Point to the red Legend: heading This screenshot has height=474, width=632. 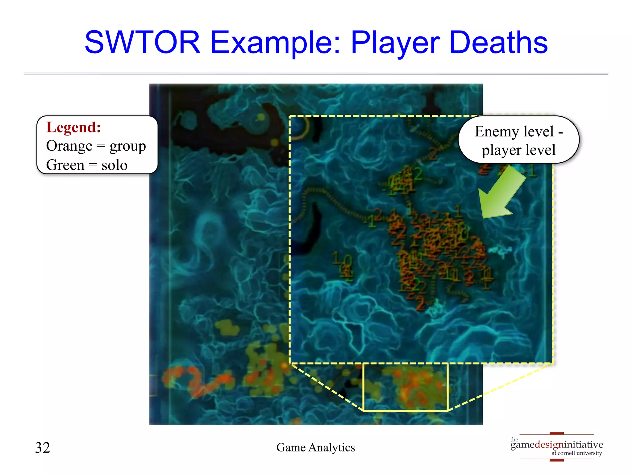pyautogui.click(x=73, y=127)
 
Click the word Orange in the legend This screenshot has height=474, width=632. pyautogui.click(x=69, y=146)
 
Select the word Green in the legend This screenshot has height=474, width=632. pyautogui.click(x=65, y=165)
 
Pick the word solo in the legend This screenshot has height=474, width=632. pyautogui.click(x=114, y=165)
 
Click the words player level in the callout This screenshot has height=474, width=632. pyautogui.click(x=518, y=150)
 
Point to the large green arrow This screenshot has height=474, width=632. pyautogui.click(x=500, y=193)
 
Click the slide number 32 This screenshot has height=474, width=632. pyautogui.click(x=43, y=447)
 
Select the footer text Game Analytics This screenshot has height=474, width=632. pyautogui.click(x=315, y=447)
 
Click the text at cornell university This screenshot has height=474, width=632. pyautogui.click(x=576, y=453)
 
